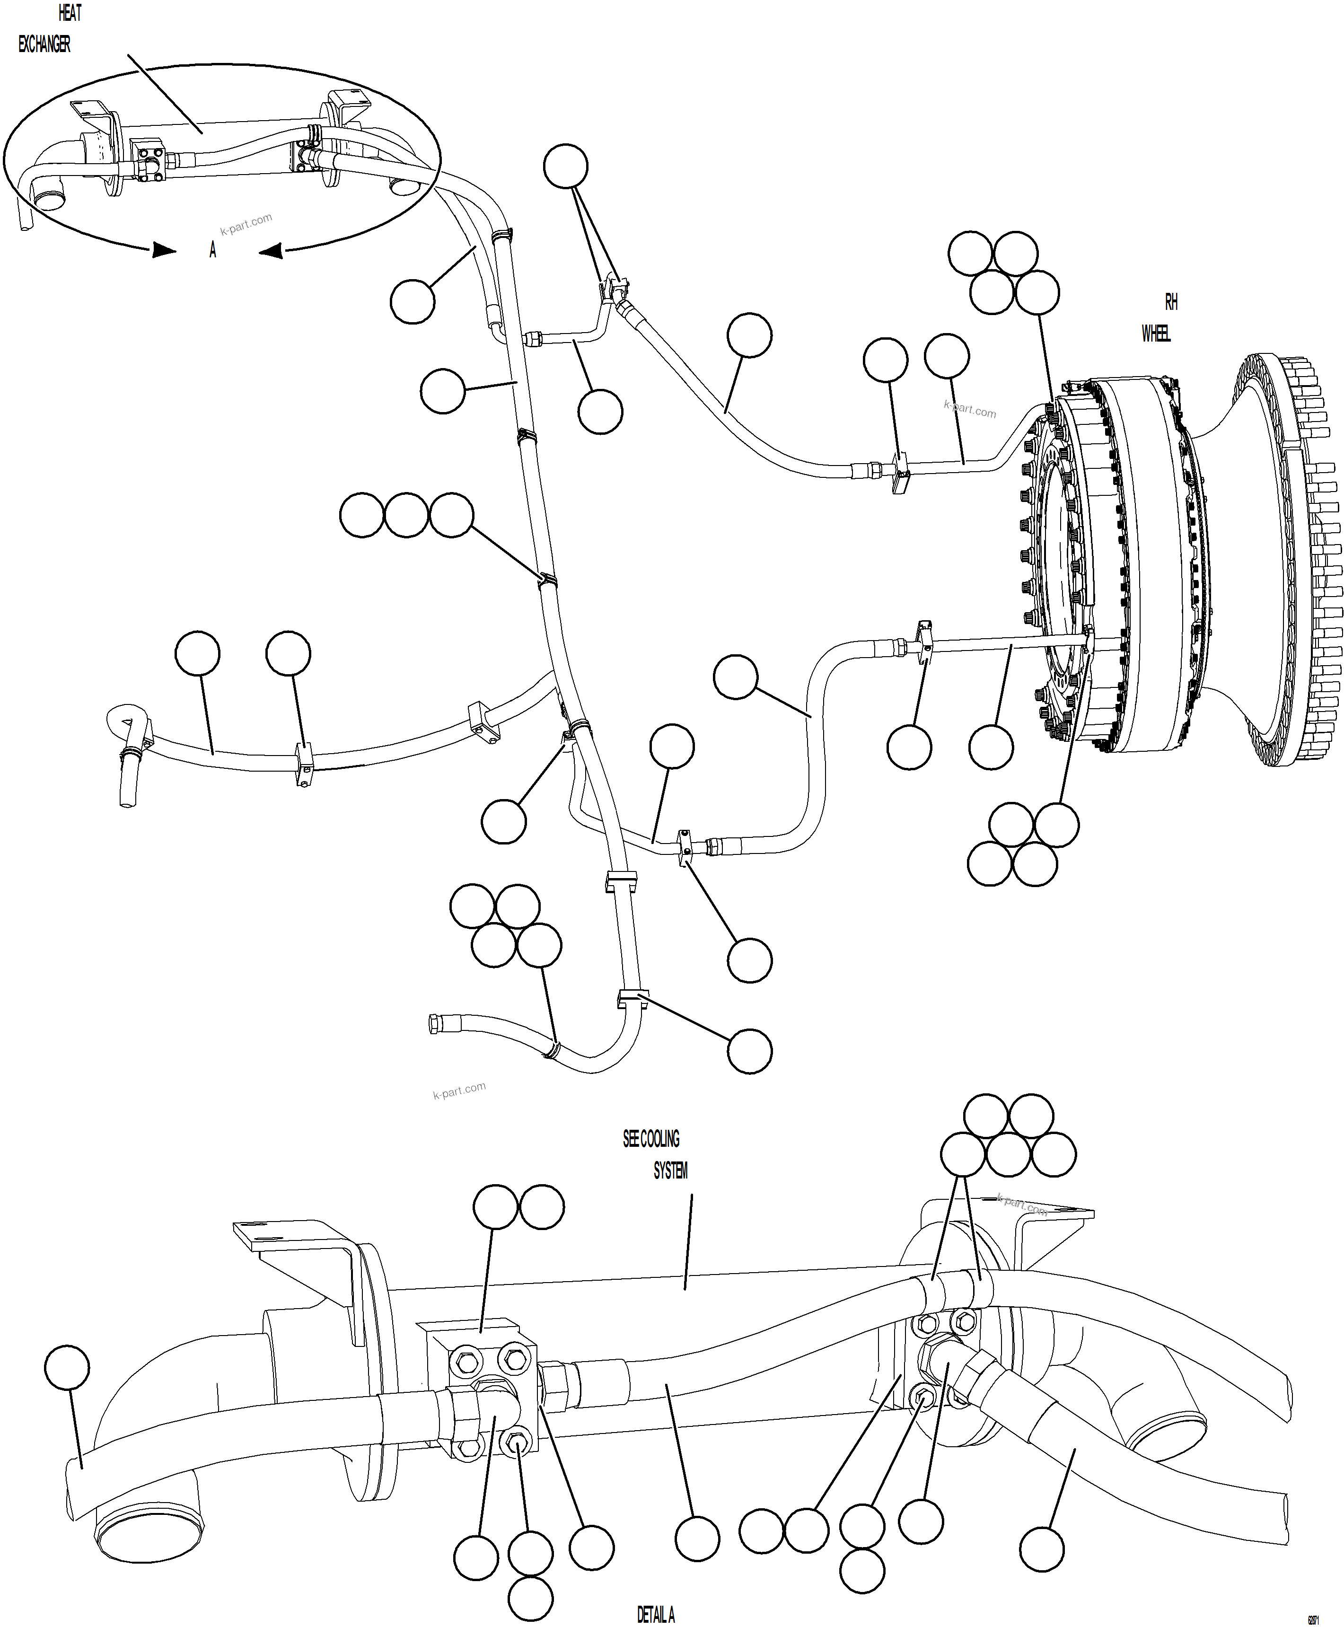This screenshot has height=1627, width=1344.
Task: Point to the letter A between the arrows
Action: [213, 250]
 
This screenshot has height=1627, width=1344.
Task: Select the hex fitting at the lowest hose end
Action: [434, 1025]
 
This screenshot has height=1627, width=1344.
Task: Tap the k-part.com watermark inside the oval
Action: [246, 224]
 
